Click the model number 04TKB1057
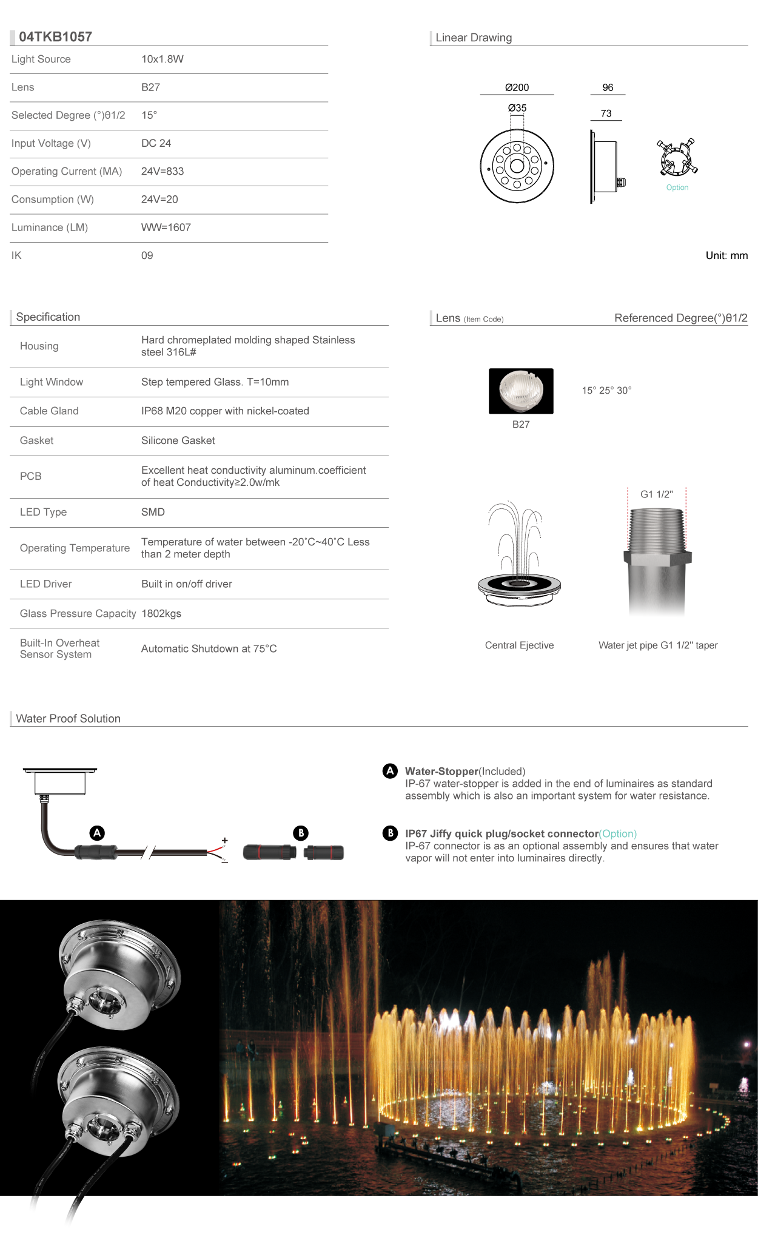click(55, 37)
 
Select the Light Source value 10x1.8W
click(163, 59)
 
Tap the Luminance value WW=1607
click(166, 227)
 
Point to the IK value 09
click(147, 255)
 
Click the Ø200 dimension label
click(517, 87)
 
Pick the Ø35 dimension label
click(517, 108)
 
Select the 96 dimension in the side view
click(608, 87)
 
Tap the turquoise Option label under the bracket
click(677, 187)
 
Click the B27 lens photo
click(521, 391)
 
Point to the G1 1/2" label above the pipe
click(657, 494)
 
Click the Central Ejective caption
click(519, 645)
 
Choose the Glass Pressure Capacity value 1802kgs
click(161, 614)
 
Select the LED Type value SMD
click(153, 512)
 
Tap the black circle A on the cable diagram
click(97, 833)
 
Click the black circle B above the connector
click(301, 833)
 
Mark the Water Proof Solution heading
click(69, 719)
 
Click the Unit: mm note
click(726, 255)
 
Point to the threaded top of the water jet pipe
click(657, 528)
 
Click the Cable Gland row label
click(49, 411)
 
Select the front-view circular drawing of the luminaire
click(517, 166)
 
